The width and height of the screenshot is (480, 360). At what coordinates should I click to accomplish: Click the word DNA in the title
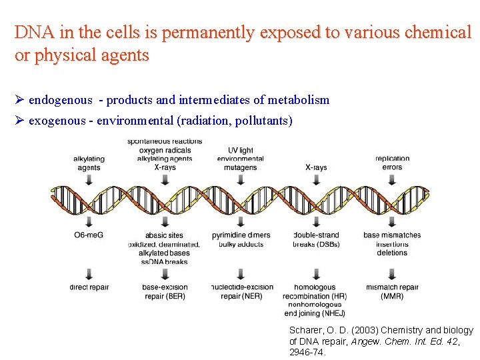(x=30, y=32)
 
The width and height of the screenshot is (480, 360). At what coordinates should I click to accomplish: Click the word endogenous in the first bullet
(x=60, y=100)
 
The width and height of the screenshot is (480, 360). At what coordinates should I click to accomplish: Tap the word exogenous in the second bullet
(x=57, y=121)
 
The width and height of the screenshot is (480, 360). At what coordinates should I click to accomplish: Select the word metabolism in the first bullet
(x=298, y=100)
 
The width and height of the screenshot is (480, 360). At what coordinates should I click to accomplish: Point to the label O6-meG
(x=89, y=235)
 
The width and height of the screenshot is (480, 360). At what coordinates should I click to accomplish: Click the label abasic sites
(x=163, y=235)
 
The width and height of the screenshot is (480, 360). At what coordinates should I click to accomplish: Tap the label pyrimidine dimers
(x=241, y=235)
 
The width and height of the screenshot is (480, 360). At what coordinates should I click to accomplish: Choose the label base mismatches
(x=392, y=235)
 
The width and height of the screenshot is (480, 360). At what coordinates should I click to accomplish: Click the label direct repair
(x=89, y=287)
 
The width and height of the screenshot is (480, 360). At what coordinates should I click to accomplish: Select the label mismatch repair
(x=392, y=287)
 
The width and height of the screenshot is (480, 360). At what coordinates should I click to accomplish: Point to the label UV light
(x=240, y=151)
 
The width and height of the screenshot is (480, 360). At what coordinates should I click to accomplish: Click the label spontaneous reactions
(x=164, y=141)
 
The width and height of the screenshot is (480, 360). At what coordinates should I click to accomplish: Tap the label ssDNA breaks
(x=164, y=261)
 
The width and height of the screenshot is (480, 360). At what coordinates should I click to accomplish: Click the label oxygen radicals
(x=164, y=150)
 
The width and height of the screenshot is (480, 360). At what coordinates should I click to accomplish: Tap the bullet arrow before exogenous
(x=19, y=121)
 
